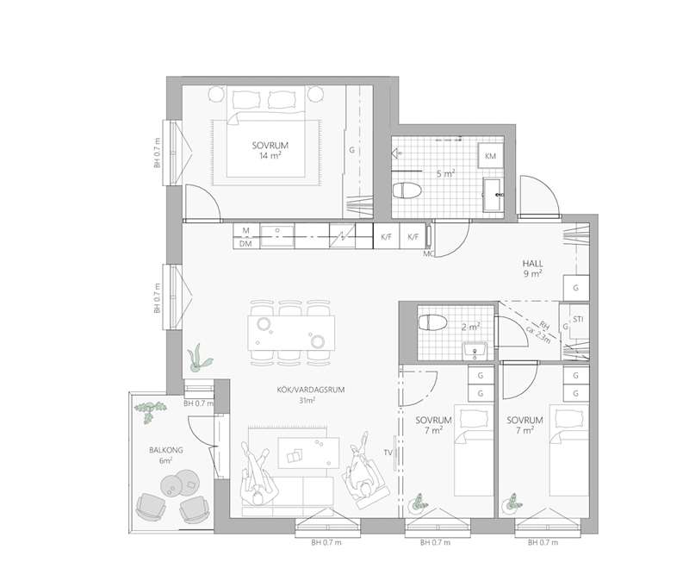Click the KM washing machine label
click(490, 156)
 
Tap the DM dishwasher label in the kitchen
click(245, 243)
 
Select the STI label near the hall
click(578, 319)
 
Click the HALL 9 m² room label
click(532, 268)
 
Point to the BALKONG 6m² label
click(165, 455)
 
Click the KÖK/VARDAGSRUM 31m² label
click(311, 395)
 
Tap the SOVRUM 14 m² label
click(270, 150)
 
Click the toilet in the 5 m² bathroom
click(407, 190)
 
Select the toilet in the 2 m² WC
click(432, 322)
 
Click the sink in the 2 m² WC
click(475, 350)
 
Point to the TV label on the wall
click(388, 452)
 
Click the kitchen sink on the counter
click(277, 236)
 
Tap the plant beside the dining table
click(199, 356)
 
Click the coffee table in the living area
click(308, 453)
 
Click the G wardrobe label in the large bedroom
click(351, 150)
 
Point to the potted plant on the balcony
click(150, 410)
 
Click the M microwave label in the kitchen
click(245, 230)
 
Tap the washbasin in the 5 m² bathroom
click(492, 195)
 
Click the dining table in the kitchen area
click(291, 333)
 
